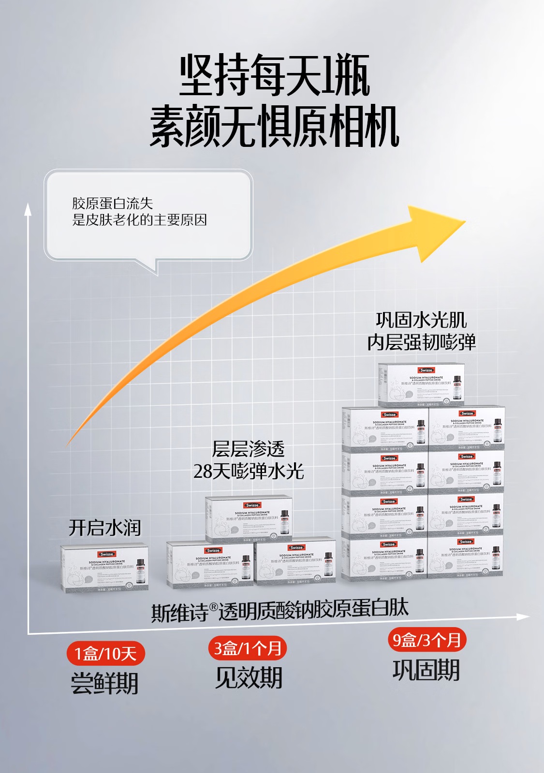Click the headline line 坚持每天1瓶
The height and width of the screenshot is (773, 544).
click(275, 76)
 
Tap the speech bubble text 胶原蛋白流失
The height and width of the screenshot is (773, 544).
click(112, 203)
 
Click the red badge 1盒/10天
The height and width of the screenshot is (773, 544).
click(105, 654)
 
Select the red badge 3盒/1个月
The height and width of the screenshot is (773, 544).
click(248, 648)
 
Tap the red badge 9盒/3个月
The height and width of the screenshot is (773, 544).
click(426, 640)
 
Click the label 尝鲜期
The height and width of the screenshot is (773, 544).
click(104, 683)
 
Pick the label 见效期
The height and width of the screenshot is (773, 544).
click(249, 677)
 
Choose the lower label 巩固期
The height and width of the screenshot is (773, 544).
click(426, 670)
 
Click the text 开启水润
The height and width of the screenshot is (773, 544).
click(104, 528)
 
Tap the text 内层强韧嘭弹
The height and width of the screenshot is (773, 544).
click(421, 342)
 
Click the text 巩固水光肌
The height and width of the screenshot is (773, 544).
click(421, 320)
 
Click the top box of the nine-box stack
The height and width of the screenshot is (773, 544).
click(421, 384)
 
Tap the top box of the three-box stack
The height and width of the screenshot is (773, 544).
click(249, 518)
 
